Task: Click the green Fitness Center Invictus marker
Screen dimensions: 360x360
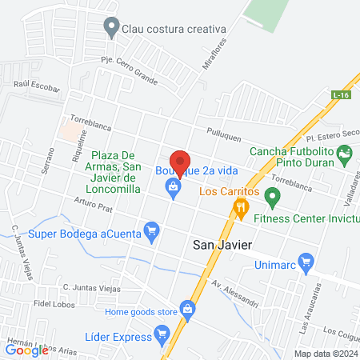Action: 272,195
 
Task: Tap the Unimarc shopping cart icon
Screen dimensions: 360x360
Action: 304,261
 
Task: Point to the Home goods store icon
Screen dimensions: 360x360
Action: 187,309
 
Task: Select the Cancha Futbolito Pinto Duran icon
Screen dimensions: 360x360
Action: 345,151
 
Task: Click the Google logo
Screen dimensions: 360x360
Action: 26,349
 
